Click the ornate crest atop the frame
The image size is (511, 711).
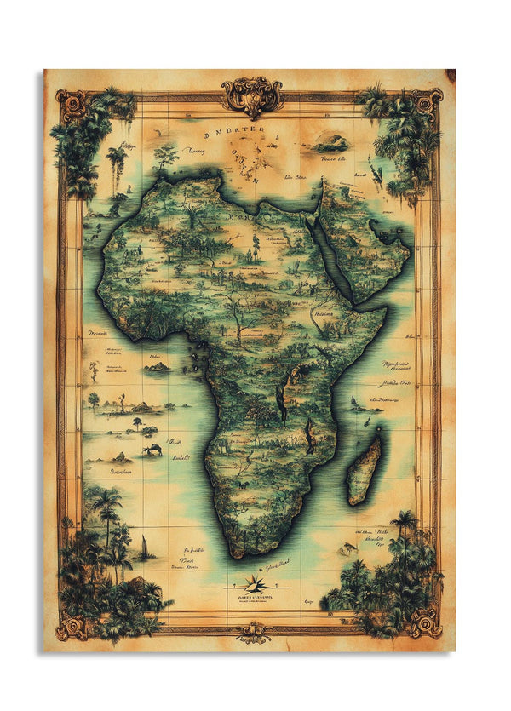253,95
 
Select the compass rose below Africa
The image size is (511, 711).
255,583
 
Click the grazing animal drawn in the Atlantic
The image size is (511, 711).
154,450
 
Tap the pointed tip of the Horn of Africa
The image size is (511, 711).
387,309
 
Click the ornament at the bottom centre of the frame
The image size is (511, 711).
253,632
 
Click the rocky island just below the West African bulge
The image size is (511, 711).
158,368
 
